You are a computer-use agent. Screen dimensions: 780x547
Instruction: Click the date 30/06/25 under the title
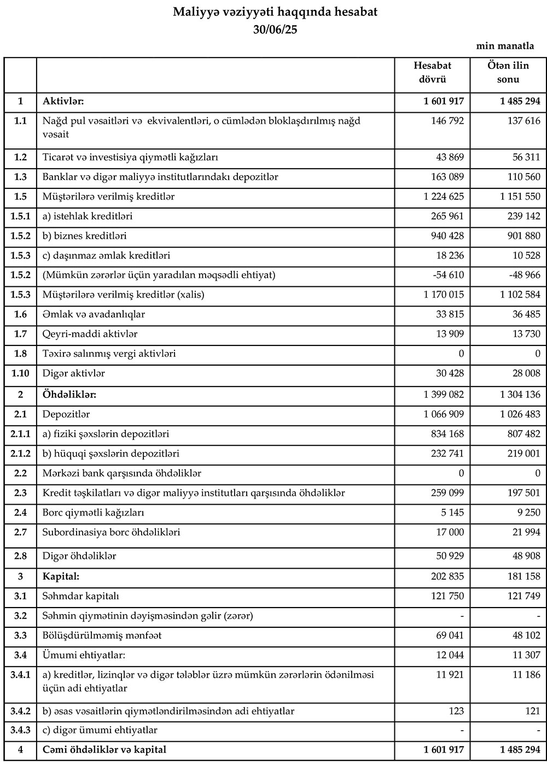tap(275, 30)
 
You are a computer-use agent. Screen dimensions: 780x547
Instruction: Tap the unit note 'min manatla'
tap(505, 46)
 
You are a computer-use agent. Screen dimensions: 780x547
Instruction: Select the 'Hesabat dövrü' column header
tap(432, 72)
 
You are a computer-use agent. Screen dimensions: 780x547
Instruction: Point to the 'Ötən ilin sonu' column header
tap(508, 72)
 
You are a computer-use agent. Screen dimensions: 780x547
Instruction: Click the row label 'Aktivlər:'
tap(63, 101)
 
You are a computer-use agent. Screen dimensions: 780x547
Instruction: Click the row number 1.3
tap(20, 177)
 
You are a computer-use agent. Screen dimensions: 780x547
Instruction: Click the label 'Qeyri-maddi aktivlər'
tap(90, 334)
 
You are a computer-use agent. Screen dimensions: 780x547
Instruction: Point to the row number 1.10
tap(20, 373)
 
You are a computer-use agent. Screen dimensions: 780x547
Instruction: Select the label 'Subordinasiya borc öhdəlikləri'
tap(112, 533)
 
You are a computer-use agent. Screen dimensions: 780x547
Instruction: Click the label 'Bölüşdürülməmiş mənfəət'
tap(102, 635)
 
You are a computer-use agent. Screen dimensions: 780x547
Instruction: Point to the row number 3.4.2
tap(20, 712)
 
